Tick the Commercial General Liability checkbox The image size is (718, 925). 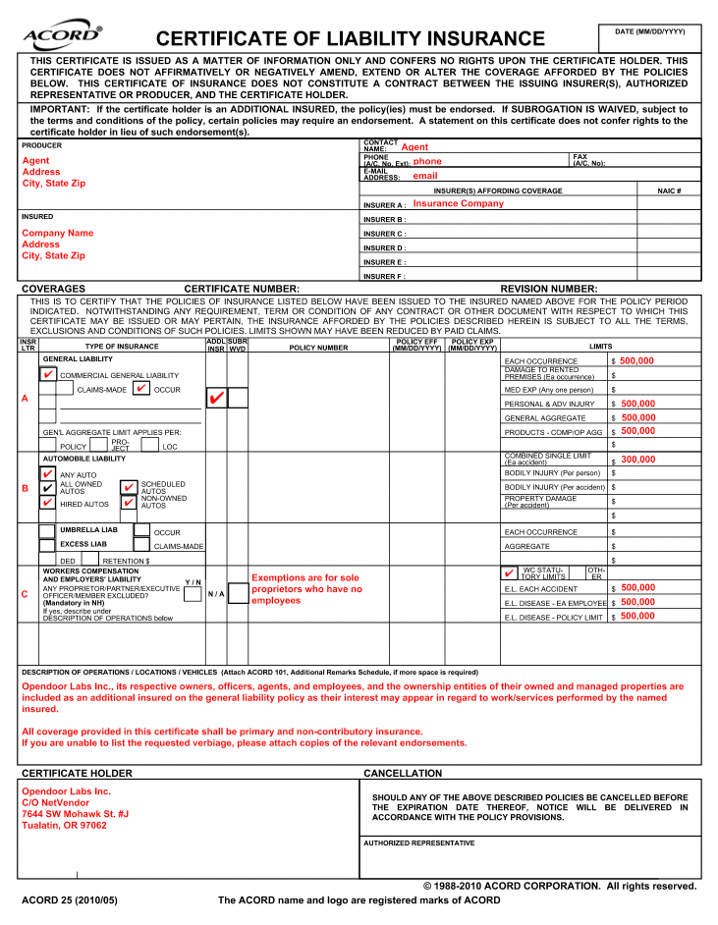tap(48, 374)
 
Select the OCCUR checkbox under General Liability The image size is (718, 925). tap(141, 389)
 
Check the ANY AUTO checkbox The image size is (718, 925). tap(48, 474)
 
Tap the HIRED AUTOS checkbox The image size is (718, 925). tap(48, 503)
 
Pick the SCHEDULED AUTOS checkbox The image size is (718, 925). tap(129, 487)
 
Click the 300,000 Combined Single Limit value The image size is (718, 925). tap(637, 460)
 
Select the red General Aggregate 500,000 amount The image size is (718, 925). tap(637, 417)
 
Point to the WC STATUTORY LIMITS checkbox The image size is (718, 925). tap(509, 572)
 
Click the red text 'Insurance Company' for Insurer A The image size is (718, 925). tap(458, 204)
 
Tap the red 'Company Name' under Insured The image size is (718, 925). tap(58, 233)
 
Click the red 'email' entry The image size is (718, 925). tap(424, 176)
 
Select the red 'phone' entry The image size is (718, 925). tap(427, 161)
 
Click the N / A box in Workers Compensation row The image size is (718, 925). tap(216, 594)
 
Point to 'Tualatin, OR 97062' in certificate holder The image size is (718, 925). tap(64, 826)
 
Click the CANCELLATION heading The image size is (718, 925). tap(403, 774)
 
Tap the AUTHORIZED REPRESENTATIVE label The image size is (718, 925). tap(418, 843)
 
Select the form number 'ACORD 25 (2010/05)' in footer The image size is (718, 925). tap(69, 900)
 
